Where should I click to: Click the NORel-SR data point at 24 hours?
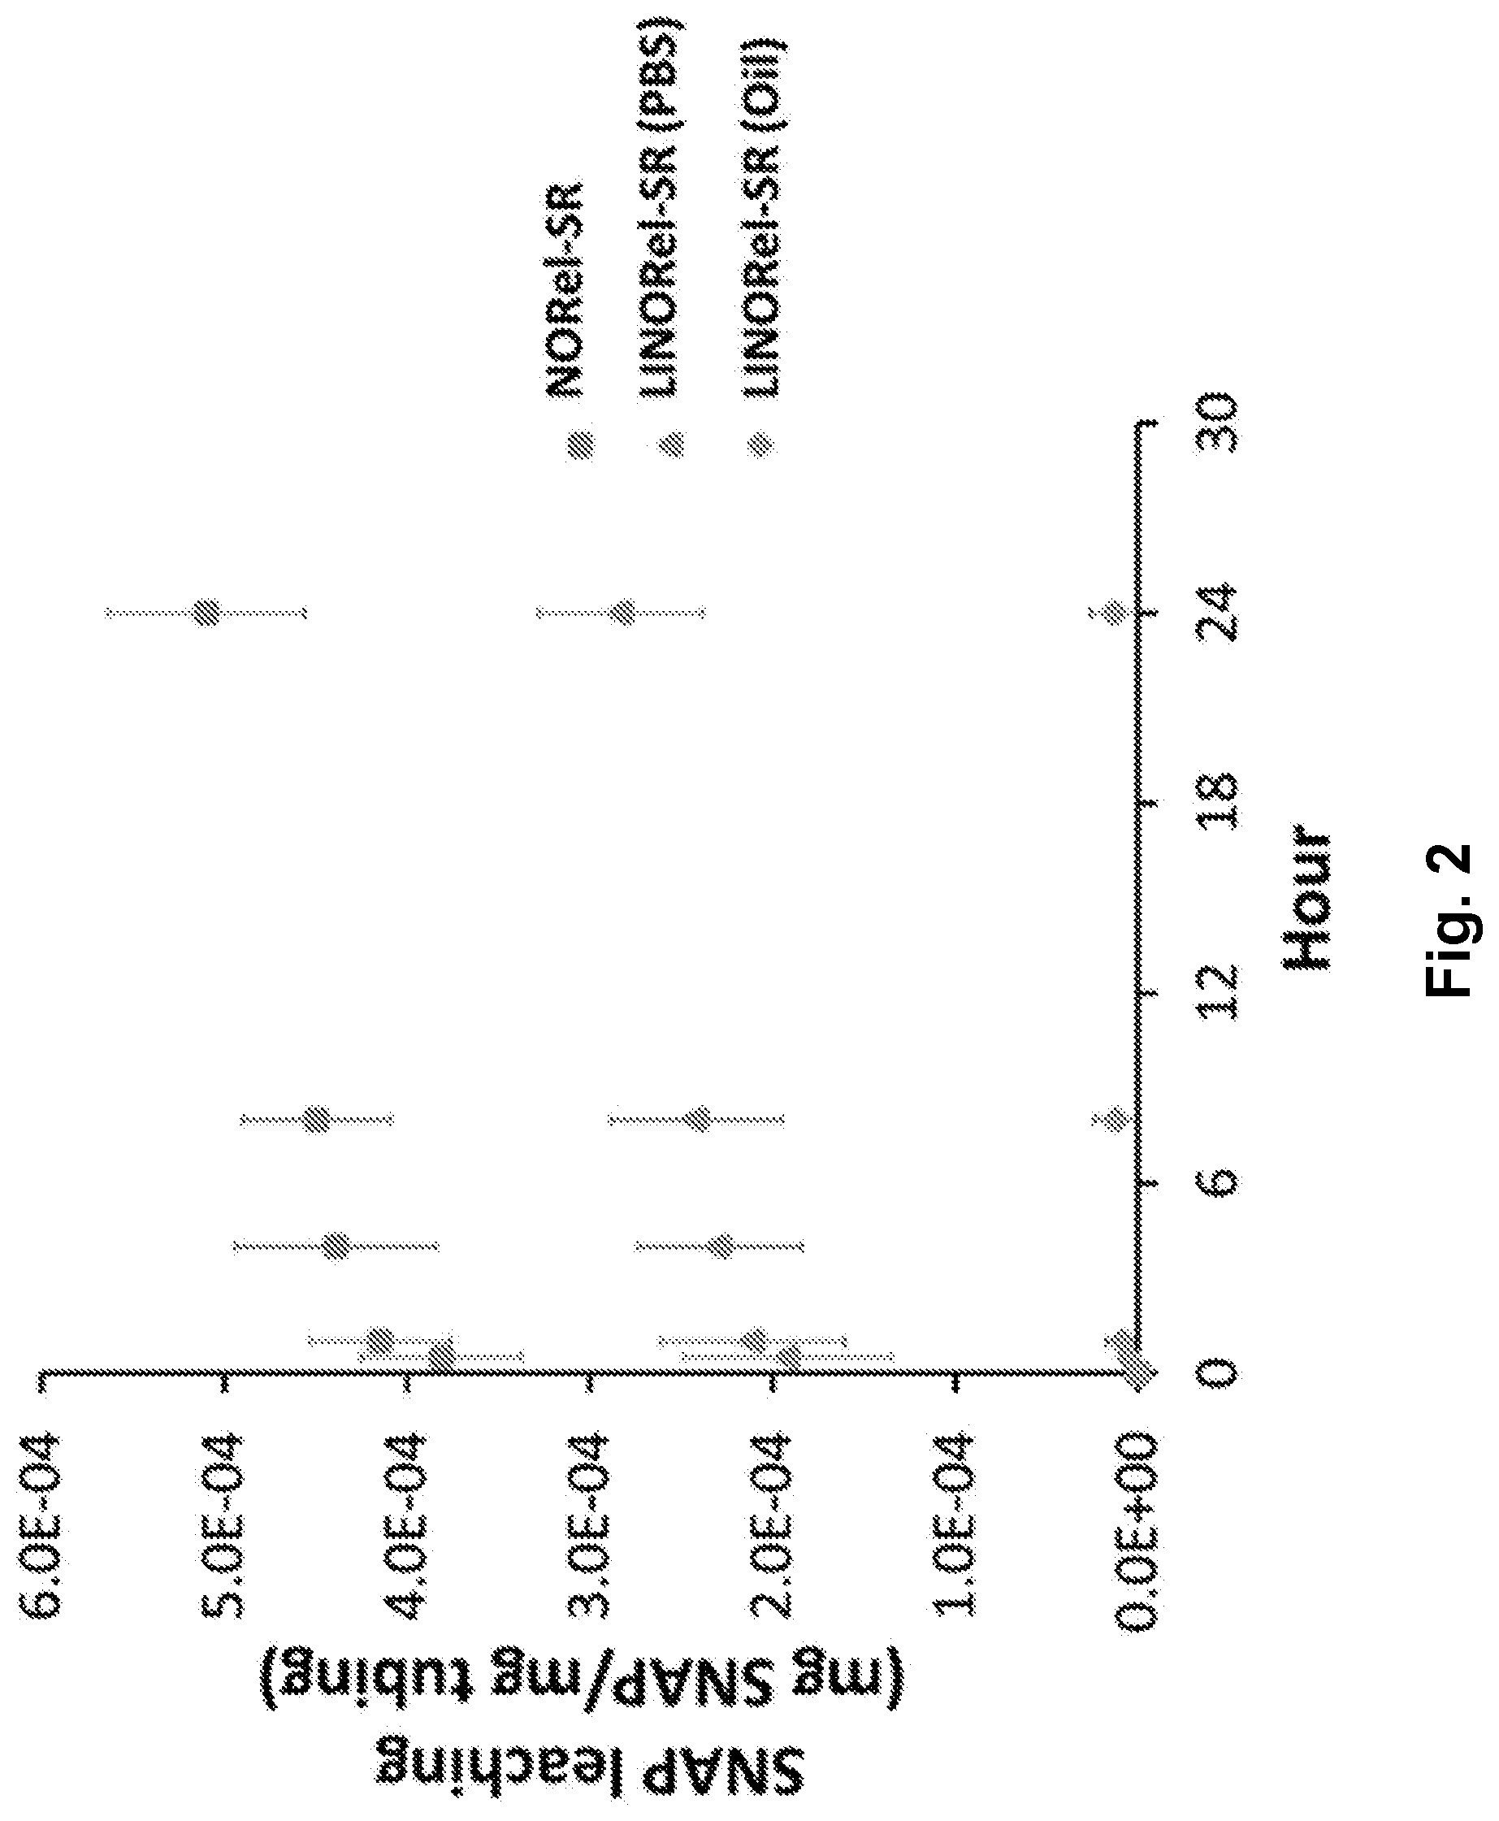pyautogui.click(x=207, y=612)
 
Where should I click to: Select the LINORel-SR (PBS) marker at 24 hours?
pyautogui.click(x=622, y=612)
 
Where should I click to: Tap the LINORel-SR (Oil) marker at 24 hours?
pyautogui.click(x=1116, y=612)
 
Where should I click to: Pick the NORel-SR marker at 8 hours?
pyautogui.click(x=318, y=1120)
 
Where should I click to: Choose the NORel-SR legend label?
pyautogui.click(x=566, y=290)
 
